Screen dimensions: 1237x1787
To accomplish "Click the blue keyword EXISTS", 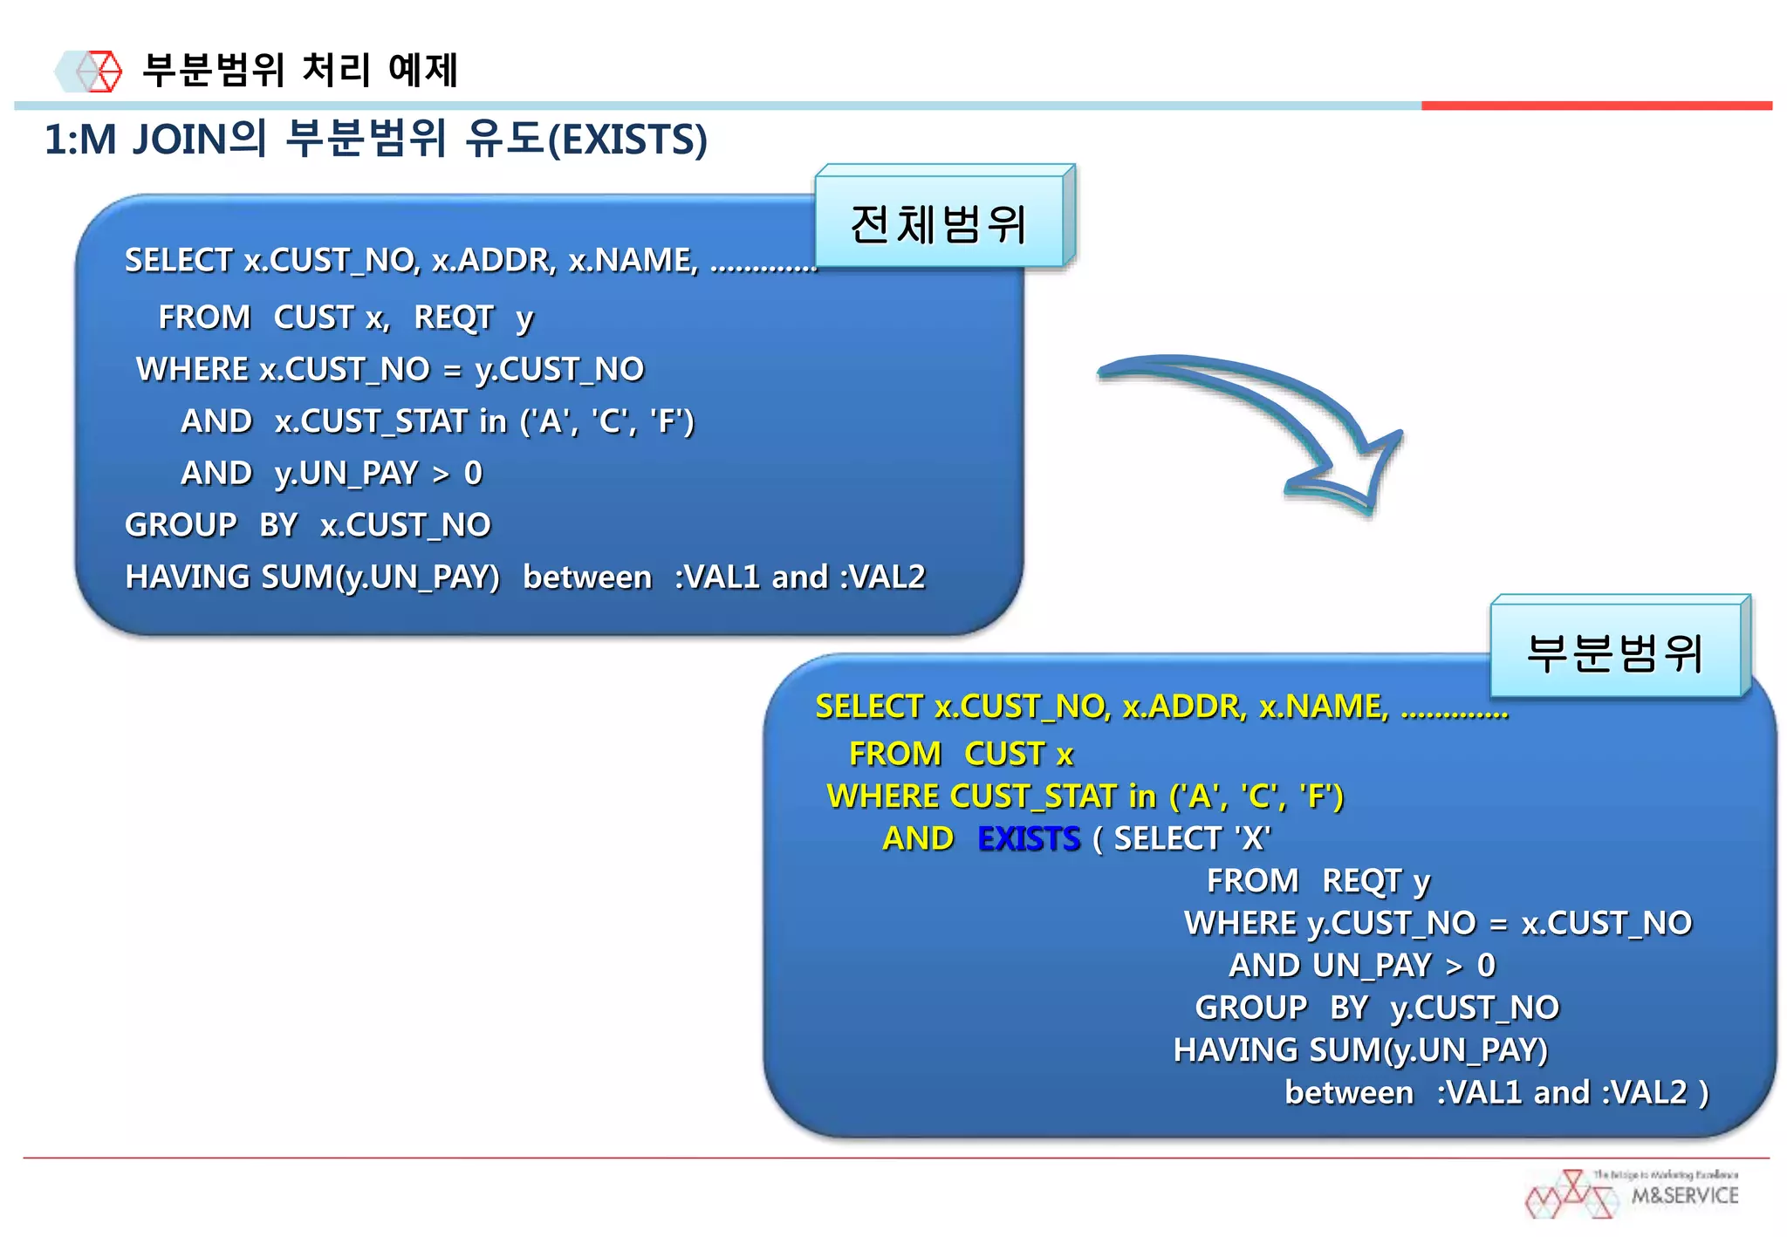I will [1028, 838].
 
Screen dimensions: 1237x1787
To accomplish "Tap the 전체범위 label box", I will [939, 222].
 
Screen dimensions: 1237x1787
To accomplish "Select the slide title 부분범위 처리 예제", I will [300, 70].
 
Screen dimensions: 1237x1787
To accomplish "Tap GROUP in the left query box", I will [181, 525].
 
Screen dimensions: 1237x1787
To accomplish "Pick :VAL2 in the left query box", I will [882, 577].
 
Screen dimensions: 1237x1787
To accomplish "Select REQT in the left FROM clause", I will [453, 318].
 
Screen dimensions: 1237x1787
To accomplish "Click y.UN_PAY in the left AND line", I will [346, 473].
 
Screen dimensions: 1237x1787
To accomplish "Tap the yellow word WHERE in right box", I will [881, 796].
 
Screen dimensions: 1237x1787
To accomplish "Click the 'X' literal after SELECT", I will [1253, 838].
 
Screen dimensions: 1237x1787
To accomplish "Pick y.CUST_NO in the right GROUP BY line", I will [1475, 1008].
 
